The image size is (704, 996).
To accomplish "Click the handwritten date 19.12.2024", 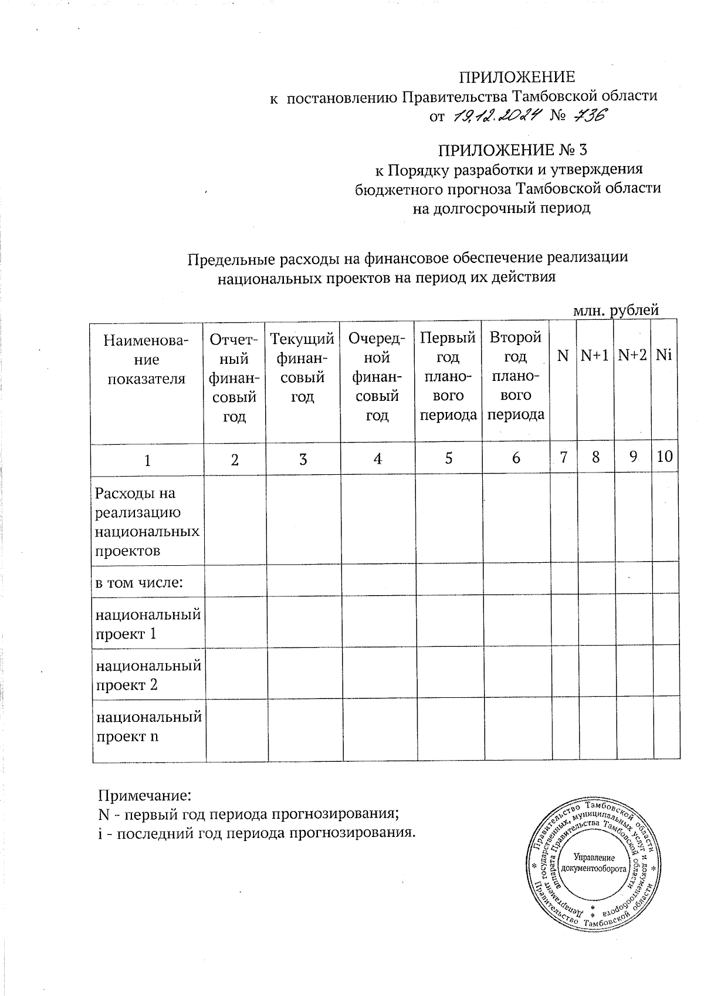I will [x=497, y=117].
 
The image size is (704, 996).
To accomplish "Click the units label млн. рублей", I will [x=615, y=310].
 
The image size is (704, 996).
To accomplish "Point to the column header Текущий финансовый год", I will [x=303, y=367].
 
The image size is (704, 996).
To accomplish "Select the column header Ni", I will [x=664, y=356].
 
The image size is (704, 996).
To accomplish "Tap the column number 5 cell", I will [x=448, y=459].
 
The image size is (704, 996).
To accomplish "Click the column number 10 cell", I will [x=665, y=457].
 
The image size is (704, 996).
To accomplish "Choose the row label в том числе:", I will [x=140, y=583].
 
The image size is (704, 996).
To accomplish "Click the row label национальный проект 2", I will [x=148, y=675].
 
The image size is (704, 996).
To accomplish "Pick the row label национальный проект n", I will [x=148, y=726].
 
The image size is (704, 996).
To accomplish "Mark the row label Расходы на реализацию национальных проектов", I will [x=147, y=522].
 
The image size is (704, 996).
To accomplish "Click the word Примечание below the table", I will [x=144, y=796].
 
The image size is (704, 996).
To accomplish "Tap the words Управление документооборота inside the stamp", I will [x=593, y=862].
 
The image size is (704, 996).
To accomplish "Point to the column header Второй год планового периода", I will [x=516, y=376].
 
